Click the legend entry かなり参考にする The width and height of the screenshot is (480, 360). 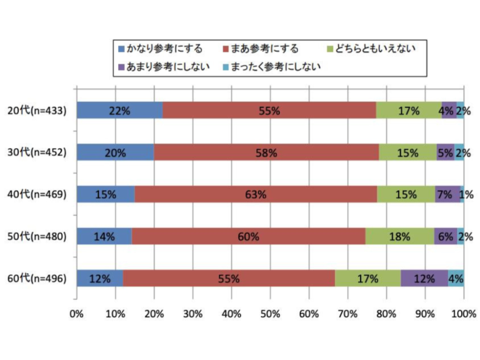[162, 48]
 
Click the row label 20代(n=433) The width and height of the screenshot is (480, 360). [37, 110]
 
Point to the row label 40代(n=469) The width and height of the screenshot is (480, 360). [37, 194]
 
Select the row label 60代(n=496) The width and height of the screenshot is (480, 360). [37, 279]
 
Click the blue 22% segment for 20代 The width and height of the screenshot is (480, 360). [119, 110]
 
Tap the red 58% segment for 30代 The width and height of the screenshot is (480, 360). [266, 152]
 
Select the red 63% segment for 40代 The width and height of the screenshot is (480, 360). [256, 194]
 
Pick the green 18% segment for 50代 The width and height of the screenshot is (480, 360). [399, 236]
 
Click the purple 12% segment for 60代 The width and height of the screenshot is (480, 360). [424, 279]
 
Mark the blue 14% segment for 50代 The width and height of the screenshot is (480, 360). [104, 236]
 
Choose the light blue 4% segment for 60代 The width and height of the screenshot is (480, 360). [456, 279]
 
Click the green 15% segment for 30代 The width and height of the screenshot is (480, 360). [407, 152]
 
